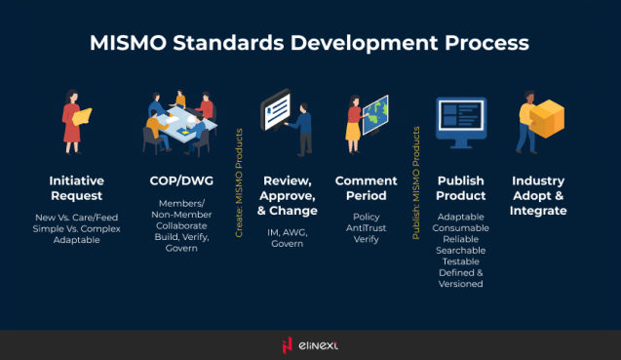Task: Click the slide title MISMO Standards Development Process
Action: click(x=310, y=44)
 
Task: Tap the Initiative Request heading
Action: click(x=77, y=188)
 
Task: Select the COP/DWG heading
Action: click(x=175, y=181)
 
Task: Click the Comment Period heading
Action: click(x=366, y=188)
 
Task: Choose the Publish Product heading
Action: click(x=461, y=188)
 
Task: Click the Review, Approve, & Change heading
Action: click(x=290, y=195)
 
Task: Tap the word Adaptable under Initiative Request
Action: click(x=77, y=240)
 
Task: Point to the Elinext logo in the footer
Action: click(x=310, y=344)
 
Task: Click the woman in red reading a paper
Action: click(x=75, y=122)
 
